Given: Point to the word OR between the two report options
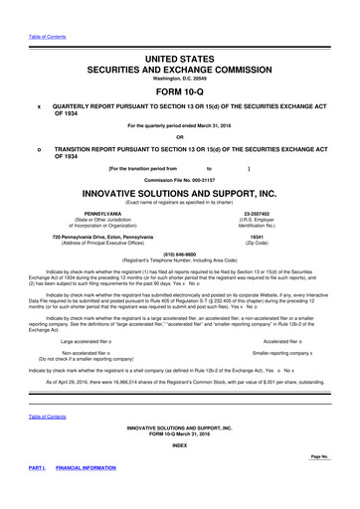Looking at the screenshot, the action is pyautogui.click(x=180, y=137).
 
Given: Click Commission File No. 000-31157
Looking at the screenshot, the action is pyautogui.click(x=180, y=178).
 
